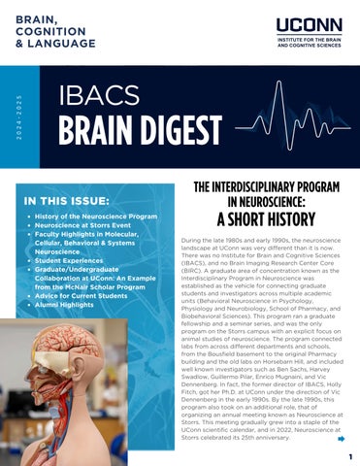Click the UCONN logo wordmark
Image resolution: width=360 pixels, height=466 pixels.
point(308,25)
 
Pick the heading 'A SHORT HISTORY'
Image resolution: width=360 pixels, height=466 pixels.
point(262,217)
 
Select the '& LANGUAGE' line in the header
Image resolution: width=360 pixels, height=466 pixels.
point(55,45)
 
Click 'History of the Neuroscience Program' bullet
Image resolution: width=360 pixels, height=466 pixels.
point(96,215)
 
